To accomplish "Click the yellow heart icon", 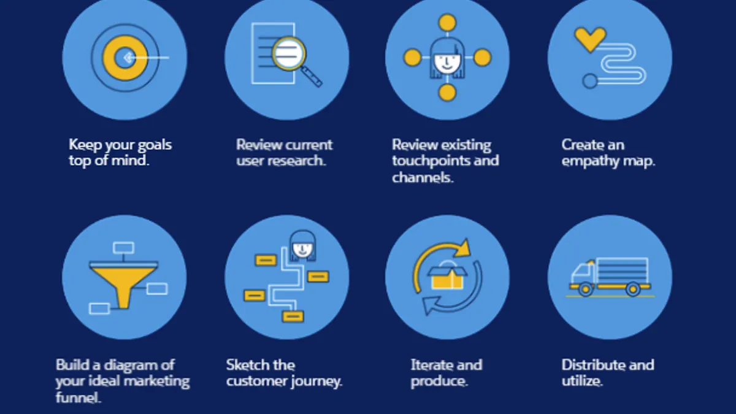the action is (591, 39).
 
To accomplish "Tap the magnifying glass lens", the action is (289, 53).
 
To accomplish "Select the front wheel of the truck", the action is (585, 289).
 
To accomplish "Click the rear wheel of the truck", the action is (632, 289).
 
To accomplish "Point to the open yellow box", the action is (447, 278).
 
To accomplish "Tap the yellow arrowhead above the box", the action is (463, 248).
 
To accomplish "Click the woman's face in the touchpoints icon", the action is (447, 63).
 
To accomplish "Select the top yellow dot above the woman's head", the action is (447, 23).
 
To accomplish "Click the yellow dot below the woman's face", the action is (447, 93).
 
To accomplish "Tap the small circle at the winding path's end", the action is (590, 81).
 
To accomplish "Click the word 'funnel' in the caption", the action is (77, 397).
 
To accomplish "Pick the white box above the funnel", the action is (123, 248).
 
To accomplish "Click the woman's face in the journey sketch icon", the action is (302, 249).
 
